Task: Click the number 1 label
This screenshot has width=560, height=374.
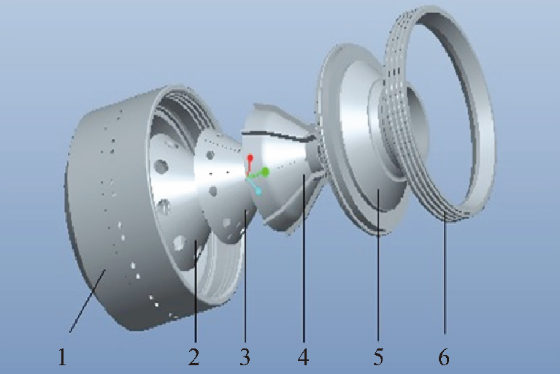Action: point(63,357)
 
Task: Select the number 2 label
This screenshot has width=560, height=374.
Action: point(193,357)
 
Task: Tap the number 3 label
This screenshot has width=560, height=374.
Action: point(245,357)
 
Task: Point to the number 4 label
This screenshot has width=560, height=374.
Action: point(303,357)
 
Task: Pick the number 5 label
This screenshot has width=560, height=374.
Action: point(378,357)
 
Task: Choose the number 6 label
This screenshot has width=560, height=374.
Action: point(444,357)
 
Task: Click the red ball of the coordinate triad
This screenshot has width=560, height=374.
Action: point(250,158)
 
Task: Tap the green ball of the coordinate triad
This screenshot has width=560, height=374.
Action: point(265,172)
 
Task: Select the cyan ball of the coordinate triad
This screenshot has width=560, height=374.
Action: point(258,192)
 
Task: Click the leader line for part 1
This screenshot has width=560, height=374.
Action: point(87,301)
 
